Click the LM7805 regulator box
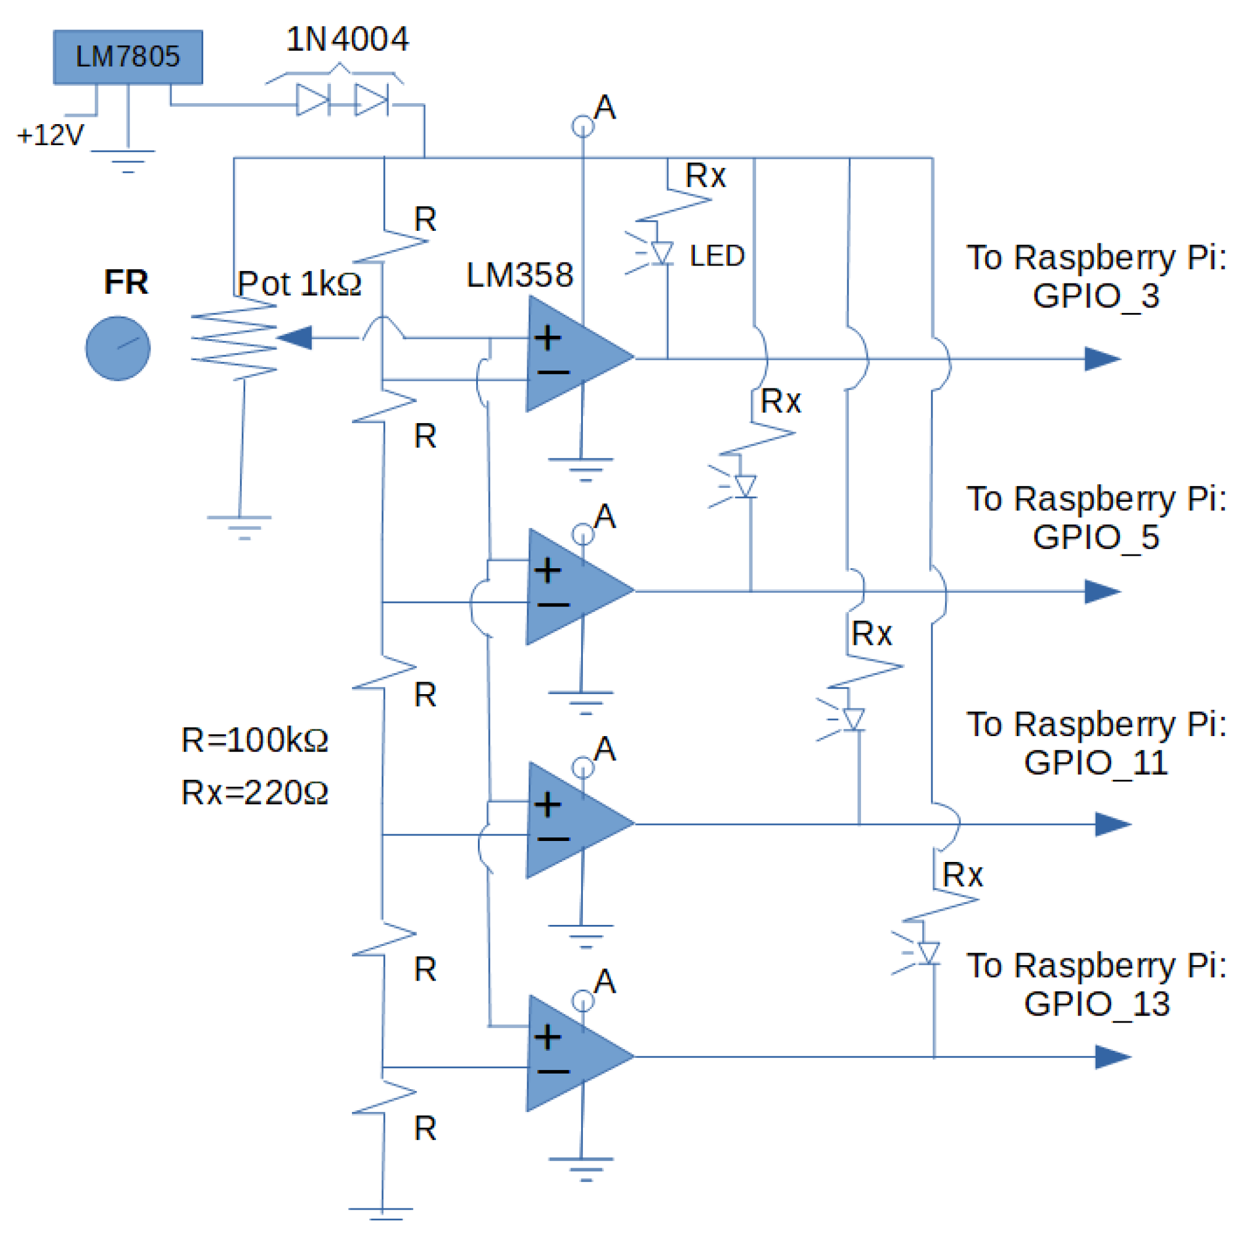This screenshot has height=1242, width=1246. (128, 57)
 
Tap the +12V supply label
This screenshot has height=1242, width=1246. (50, 135)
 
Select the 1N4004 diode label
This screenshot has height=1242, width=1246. (347, 40)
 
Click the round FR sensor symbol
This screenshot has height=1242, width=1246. (118, 348)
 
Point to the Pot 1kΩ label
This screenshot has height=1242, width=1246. (299, 284)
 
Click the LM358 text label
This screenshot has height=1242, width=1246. (519, 275)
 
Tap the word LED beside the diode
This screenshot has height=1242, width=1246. (717, 256)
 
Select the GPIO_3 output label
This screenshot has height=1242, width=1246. (1095, 296)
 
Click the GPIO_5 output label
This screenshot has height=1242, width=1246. (1095, 537)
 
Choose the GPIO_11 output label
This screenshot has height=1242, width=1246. (1095, 763)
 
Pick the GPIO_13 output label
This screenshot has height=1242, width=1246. (1096, 1004)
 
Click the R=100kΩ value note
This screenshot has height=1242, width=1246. (255, 740)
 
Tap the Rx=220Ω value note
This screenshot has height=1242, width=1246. (255, 792)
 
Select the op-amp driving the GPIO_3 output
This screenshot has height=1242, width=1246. (574, 354)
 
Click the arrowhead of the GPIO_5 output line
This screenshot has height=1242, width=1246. (1102, 592)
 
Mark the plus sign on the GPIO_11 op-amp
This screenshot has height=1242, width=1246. (547, 805)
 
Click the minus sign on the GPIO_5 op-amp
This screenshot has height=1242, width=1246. (553, 605)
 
